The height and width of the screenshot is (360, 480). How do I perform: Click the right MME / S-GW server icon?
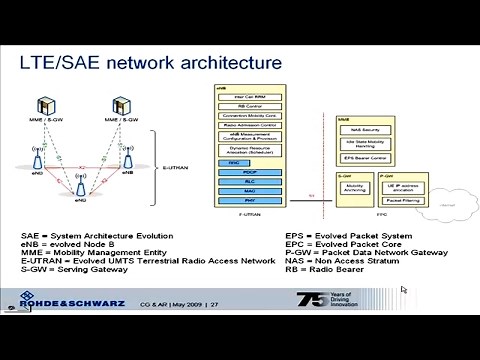click(122, 106)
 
